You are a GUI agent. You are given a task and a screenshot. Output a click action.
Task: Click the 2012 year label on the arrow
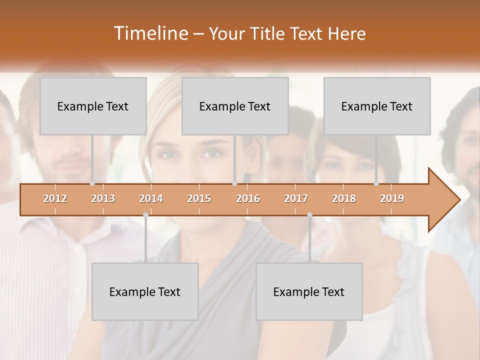tap(55, 198)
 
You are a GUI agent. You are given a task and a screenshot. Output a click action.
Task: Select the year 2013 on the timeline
tap(103, 198)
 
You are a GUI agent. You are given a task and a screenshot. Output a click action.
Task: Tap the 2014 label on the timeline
tap(151, 198)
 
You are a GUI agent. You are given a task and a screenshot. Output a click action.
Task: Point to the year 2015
tap(199, 198)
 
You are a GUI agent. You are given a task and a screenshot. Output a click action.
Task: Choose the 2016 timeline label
tap(248, 198)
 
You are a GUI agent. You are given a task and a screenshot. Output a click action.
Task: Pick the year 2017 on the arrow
tap(296, 198)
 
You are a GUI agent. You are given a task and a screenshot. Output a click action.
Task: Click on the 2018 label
tap(344, 198)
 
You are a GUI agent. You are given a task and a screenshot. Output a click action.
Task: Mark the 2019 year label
tap(392, 198)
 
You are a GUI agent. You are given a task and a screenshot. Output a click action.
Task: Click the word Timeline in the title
tap(150, 33)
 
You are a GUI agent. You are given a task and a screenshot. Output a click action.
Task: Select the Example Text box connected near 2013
tap(93, 106)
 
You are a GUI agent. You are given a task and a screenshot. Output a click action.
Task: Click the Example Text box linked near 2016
tap(235, 106)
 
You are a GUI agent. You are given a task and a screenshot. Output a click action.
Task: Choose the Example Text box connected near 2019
tap(377, 106)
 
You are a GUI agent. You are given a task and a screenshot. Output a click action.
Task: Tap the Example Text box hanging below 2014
tap(145, 291)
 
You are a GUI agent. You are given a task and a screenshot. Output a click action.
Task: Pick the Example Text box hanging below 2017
tap(309, 291)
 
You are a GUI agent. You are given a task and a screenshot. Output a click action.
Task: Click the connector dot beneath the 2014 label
tap(145, 214)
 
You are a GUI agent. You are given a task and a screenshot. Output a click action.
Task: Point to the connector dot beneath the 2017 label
tap(309, 214)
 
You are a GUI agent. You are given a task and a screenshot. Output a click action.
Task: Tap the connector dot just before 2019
tap(376, 183)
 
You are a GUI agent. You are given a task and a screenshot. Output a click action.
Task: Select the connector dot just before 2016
tap(234, 183)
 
